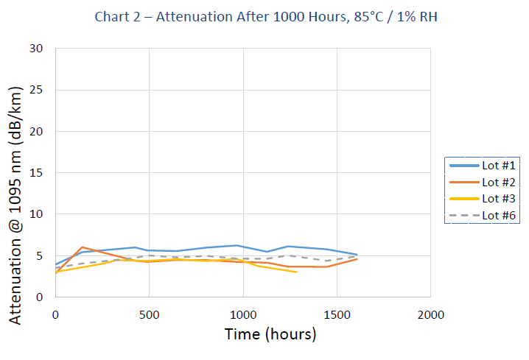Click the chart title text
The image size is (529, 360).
click(266, 16)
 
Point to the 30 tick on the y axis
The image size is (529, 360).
click(36, 49)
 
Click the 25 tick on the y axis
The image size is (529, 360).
click(36, 90)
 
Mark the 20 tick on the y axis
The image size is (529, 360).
click(36, 132)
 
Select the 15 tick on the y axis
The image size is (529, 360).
click(36, 173)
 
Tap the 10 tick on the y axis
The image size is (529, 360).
click(36, 214)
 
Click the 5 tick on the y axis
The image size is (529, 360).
click(40, 256)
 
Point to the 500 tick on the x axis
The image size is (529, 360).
click(149, 314)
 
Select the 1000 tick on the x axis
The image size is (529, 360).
click(242, 314)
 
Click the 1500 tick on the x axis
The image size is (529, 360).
click(337, 314)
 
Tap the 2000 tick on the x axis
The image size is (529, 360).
click(430, 314)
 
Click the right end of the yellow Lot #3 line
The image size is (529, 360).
click(296, 272)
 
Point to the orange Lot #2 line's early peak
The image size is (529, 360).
click(83, 247)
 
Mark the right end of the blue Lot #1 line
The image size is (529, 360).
click(357, 255)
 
